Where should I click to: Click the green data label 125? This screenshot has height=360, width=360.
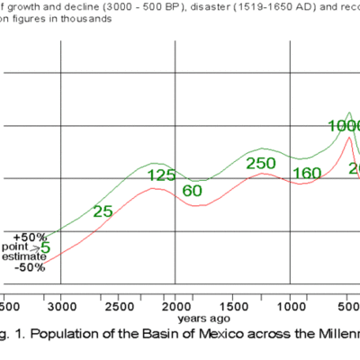tap(161, 175)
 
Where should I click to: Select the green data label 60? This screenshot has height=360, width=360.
tap(193, 191)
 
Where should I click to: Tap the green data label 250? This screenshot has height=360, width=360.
tap(261, 163)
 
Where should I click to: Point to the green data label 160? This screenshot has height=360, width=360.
tap(306, 174)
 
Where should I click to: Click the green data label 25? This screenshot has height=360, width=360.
tap(103, 211)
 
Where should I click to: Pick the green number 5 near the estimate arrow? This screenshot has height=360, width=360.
tap(45, 246)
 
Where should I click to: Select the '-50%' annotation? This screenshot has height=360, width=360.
tap(31, 267)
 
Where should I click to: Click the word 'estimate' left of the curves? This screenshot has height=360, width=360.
tap(24, 256)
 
